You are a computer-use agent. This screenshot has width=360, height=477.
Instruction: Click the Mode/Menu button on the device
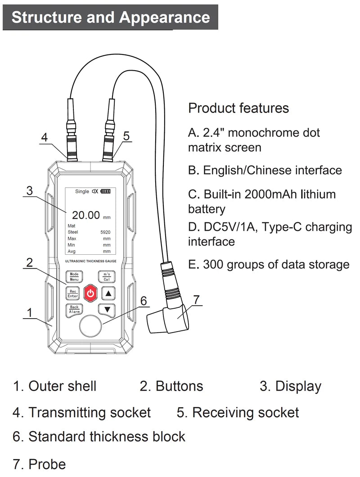(74, 276)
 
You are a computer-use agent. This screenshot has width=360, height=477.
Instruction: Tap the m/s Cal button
(106, 276)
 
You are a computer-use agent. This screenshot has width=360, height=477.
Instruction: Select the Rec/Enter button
(73, 293)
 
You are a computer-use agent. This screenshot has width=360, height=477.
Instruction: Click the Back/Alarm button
(74, 310)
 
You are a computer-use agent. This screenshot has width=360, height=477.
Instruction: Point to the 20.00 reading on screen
(85, 215)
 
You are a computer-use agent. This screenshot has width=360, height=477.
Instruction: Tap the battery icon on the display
(105, 191)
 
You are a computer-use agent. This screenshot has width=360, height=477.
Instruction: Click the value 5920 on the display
(105, 232)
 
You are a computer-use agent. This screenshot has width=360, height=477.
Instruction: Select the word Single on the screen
(82, 191)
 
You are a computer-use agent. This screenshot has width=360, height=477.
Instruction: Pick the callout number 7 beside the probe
(196, 299)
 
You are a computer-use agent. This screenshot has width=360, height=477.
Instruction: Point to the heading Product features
(238, 108)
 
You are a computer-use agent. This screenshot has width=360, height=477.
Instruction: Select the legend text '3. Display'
(290, 386)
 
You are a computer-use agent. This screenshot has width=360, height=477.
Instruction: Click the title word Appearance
(164, 17)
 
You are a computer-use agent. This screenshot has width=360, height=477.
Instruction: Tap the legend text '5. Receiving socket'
(238, 413)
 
